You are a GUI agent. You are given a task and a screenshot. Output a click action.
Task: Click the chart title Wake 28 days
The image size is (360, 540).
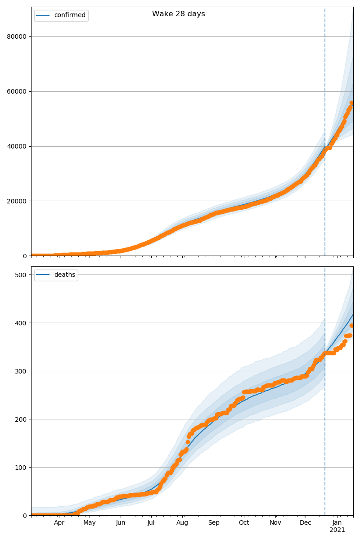pos(178,14)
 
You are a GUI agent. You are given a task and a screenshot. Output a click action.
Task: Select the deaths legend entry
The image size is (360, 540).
pos(64,275)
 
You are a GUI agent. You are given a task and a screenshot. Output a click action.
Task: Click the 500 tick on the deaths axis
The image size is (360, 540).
pos(21,275)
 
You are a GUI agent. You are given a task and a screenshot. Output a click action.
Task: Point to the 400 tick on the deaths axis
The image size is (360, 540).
pos(21,323)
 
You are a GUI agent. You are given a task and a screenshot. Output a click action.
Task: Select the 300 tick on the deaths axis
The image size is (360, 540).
pos(21,371)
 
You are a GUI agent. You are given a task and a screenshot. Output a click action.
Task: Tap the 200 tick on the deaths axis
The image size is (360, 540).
pos(21,419)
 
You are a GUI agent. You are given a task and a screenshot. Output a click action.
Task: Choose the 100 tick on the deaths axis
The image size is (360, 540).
pos(21,468)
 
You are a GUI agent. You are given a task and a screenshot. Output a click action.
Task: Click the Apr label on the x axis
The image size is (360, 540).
pos(59,523)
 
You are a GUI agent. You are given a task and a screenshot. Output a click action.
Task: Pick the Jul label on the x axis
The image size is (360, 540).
pos(151,523)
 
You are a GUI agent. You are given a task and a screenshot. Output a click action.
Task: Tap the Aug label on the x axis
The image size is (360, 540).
pos(182,523)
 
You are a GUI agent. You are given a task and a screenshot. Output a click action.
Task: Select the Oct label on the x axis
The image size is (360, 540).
pos(244,523)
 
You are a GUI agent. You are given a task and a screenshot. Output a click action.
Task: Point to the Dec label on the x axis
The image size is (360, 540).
pos(306,523)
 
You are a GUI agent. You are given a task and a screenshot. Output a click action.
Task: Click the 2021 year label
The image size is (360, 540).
pos(337,530)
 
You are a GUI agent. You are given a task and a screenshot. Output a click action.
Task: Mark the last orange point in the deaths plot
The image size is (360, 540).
pos(352,325)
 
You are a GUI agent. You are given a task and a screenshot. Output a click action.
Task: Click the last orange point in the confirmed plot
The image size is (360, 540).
pos(352,103)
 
